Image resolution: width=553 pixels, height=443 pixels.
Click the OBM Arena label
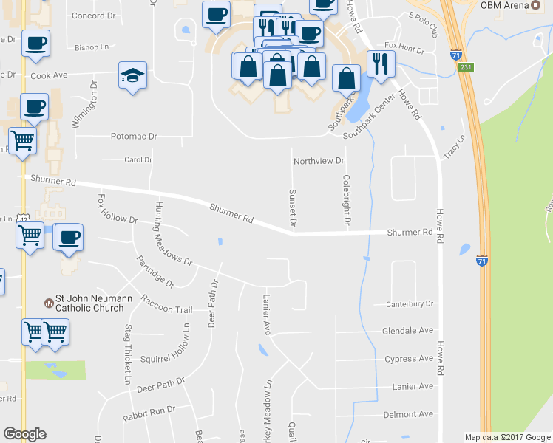505,5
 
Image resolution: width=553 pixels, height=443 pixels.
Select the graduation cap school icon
133,75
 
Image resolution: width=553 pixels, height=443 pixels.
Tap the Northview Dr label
319,161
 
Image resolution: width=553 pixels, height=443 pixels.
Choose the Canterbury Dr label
409,303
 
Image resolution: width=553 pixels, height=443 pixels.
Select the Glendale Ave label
407,331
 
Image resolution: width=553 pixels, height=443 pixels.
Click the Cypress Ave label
409,359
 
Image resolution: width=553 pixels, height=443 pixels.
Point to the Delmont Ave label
409,414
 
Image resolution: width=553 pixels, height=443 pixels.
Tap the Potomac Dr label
134,137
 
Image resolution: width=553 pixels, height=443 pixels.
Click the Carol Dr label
138,159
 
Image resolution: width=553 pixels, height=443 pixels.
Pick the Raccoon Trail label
167,304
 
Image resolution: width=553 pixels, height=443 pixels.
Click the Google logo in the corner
24,434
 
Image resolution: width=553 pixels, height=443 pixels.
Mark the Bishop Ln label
92,47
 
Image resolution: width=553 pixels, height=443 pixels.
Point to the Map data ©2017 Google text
507,437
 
